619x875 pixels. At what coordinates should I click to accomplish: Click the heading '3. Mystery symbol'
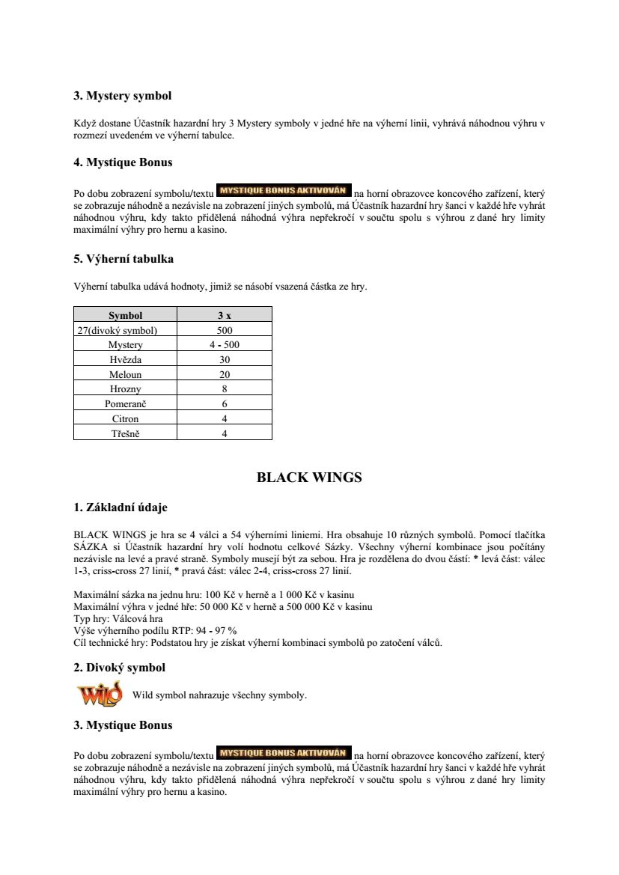(x=122, y=96)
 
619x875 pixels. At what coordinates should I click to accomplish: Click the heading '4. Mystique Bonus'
(x=123, y=162)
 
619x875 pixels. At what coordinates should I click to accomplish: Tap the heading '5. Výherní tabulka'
(x=124, y=259)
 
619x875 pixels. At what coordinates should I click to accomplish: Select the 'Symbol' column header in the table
(x=125, y=315)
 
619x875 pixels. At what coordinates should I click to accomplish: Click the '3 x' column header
(x=225, y=315)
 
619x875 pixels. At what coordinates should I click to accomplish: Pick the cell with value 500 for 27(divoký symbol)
(x=225, y=330)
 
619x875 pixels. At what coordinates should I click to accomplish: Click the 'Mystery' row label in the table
(x=125, y=345)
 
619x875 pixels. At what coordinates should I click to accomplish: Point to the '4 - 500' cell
(x=225, y=345)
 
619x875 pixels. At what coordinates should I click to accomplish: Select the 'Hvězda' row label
(x=125, y=359)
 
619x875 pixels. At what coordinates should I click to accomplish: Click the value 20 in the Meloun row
(x=225, y=374)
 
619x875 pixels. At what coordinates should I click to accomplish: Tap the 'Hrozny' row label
(x=125, y=389)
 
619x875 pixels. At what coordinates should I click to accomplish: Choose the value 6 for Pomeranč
(x=225, y=403)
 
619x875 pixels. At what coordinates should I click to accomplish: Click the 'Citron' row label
(x=125, y=418)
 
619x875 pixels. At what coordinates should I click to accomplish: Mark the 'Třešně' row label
(x=125, y=433)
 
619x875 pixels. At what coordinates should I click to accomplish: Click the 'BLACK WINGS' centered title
(x=309, y=478)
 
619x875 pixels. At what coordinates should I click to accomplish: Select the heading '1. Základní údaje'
(x=121, y=507)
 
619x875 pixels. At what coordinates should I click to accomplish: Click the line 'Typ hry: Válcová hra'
(x=119, y=618)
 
